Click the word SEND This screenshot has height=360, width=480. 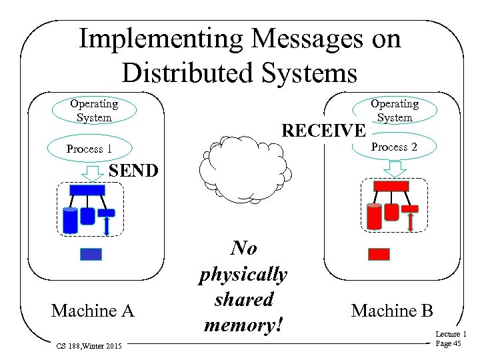click(133, 171)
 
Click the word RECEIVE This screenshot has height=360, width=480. click(324, 129)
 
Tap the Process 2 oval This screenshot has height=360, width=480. click(394, 147)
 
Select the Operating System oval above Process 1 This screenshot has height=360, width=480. click(94, 110)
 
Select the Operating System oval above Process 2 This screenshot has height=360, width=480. click(394, 110)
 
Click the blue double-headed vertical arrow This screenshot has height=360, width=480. click(107, 225)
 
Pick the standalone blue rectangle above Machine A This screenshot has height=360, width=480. click(91, 254)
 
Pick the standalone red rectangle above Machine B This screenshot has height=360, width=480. click(379, 254)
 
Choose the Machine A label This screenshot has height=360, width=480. click(93, 311)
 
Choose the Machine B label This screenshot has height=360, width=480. click(392, 311)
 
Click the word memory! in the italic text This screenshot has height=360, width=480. click(244, 325)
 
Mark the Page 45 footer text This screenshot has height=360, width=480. click(447, 343)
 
